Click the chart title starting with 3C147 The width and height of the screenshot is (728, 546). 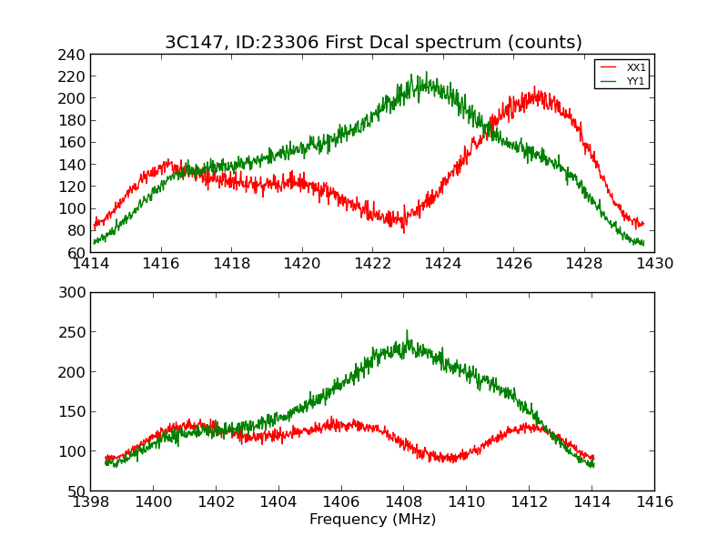click(373, 43)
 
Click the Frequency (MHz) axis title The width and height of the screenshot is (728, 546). click(372, 520)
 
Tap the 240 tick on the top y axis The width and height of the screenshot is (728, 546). click(73, 55)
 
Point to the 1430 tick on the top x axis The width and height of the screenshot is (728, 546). click(654, 264)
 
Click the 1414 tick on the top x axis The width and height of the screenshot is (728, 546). click(91, 264)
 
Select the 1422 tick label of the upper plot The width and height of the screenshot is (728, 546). click(372, 264)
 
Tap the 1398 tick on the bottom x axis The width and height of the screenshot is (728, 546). click(91, 502)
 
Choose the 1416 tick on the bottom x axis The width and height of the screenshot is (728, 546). click(654, 502)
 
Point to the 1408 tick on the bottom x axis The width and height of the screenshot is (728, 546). click(404, 502)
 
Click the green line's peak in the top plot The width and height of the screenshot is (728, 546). click(425, 73)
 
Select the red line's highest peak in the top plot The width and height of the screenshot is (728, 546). click(535, 88)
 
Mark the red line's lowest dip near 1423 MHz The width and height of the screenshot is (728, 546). click(404, 232)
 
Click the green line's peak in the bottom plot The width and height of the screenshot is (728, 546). click(407, 331)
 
